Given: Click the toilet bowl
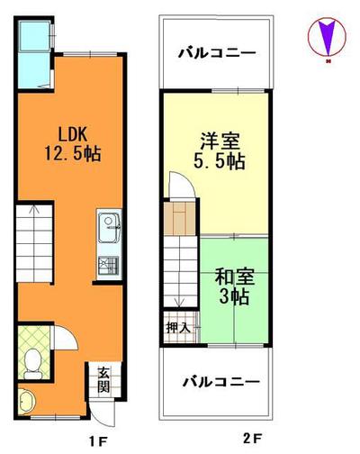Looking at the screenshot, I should pos(32,360).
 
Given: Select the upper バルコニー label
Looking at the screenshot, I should pos(216,52).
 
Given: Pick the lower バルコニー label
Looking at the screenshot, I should pos(216,383).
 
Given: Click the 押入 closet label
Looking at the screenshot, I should pos(177,327).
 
